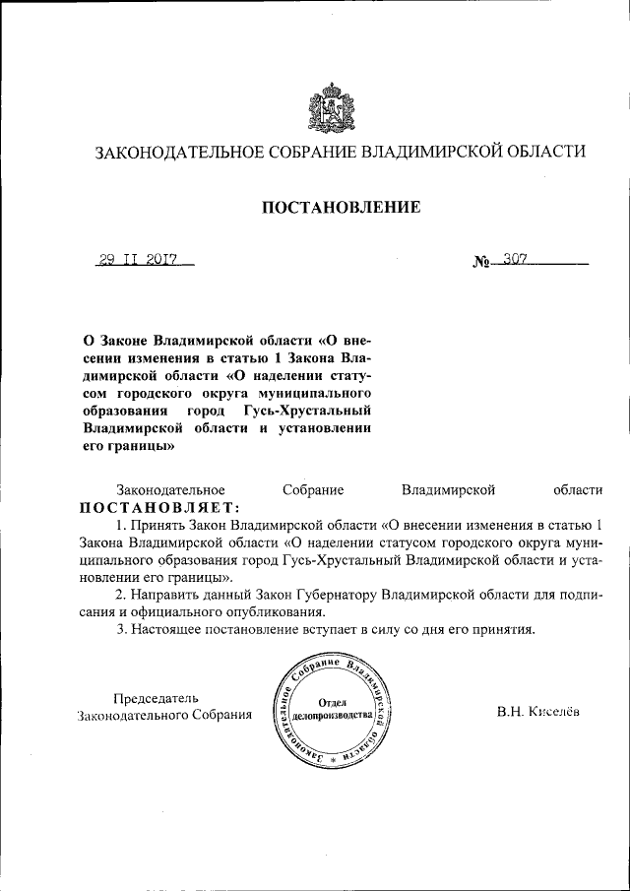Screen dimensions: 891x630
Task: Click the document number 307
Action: pyautogui.click(x=515, y=260)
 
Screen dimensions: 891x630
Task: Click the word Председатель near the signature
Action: pyautogui.click(x=156, y=697)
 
